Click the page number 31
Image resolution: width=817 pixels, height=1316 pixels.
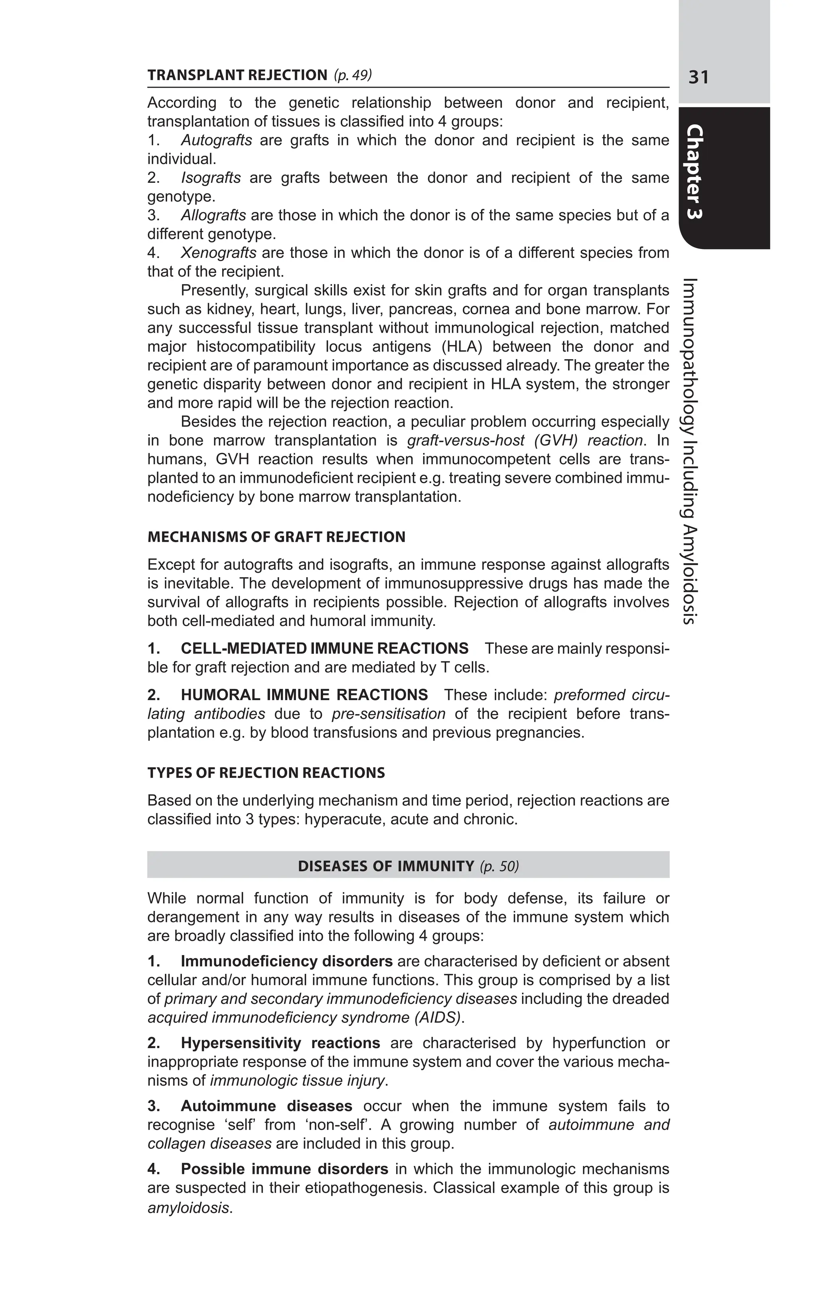698,78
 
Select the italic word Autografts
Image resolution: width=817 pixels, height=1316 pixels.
216,141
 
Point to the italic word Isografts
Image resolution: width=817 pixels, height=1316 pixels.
211,178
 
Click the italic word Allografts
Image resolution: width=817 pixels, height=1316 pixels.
213,216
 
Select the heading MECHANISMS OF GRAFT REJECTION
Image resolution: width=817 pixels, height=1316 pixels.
276,537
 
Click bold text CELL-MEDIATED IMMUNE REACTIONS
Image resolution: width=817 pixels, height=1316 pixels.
324,649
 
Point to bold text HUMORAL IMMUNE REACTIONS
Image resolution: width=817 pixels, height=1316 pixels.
304,695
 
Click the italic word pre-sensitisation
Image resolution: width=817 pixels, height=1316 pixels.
389,714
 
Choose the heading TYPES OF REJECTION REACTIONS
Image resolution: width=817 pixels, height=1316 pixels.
266,773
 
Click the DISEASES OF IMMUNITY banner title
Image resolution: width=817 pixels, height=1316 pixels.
386,867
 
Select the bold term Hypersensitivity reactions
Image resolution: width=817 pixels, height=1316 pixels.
280,1043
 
